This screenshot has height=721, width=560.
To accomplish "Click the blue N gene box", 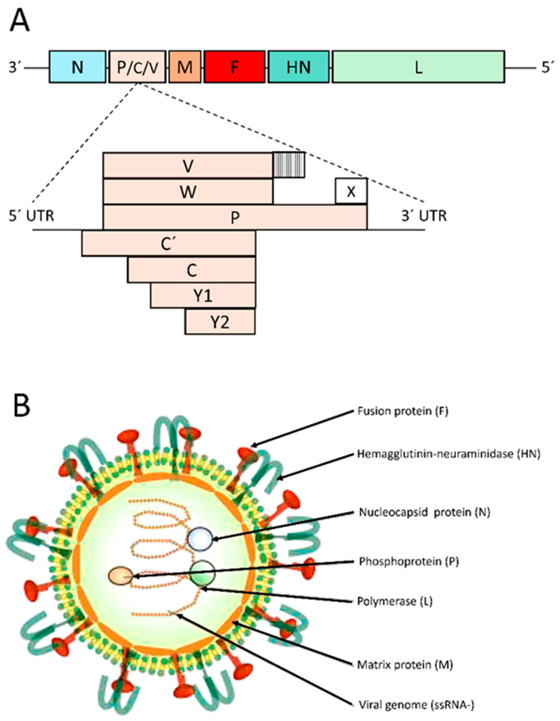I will tap(78, 67).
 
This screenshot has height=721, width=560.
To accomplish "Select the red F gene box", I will tap(234, 67).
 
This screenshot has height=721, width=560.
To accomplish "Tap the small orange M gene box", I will tap(185, 67).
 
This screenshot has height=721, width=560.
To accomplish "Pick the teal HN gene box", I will tap(299, 67).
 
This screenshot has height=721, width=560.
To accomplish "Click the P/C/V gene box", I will tap(137, 67).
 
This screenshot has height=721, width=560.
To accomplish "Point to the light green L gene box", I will tap(418, 67).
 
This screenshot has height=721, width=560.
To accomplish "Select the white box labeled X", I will tap(351, 191).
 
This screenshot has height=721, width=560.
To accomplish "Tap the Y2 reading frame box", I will tap(220, 322).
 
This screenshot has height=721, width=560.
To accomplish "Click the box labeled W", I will tap(188, 191).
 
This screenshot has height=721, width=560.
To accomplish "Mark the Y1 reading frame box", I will tap(203, 296).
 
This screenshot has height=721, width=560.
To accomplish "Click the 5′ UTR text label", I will tap(31, 216).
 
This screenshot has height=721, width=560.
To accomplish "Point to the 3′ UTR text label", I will tap(424, 216).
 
